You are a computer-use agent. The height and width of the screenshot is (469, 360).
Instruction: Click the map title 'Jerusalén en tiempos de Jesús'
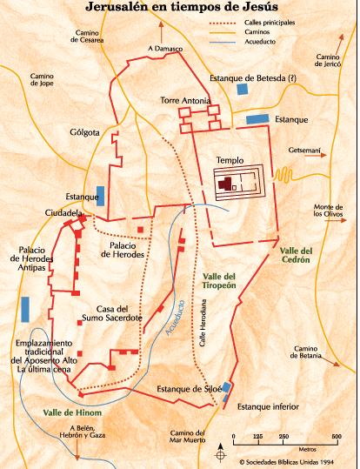179,9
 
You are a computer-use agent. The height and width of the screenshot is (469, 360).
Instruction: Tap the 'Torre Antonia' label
184,101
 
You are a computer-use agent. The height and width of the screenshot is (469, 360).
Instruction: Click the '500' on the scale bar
337,436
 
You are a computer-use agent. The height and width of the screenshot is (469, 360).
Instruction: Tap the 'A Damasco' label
164,50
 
